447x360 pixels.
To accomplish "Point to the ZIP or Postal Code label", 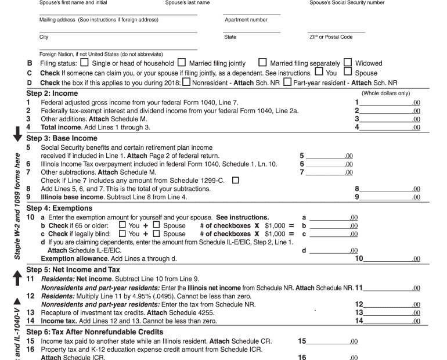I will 331,37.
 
